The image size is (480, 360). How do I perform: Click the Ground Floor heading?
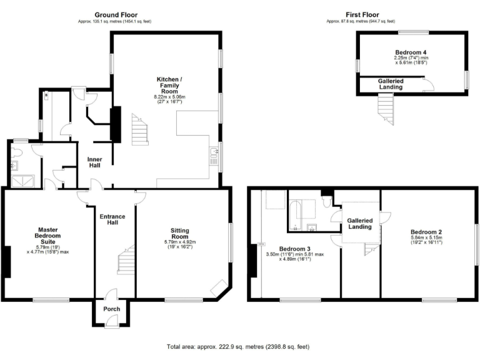point(116,14)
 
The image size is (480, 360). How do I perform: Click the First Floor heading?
point(362,14)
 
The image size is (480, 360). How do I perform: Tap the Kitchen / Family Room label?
point(170,85)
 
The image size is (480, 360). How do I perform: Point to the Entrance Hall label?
point(112,220)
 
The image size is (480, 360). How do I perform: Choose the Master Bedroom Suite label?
point(47,236)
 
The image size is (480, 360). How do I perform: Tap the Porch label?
point(112,309)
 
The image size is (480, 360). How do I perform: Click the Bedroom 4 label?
point(410,52)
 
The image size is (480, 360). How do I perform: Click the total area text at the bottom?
point(237,346)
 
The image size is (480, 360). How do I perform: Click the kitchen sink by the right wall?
point(214,153)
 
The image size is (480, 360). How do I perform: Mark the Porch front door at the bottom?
point(112,321)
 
